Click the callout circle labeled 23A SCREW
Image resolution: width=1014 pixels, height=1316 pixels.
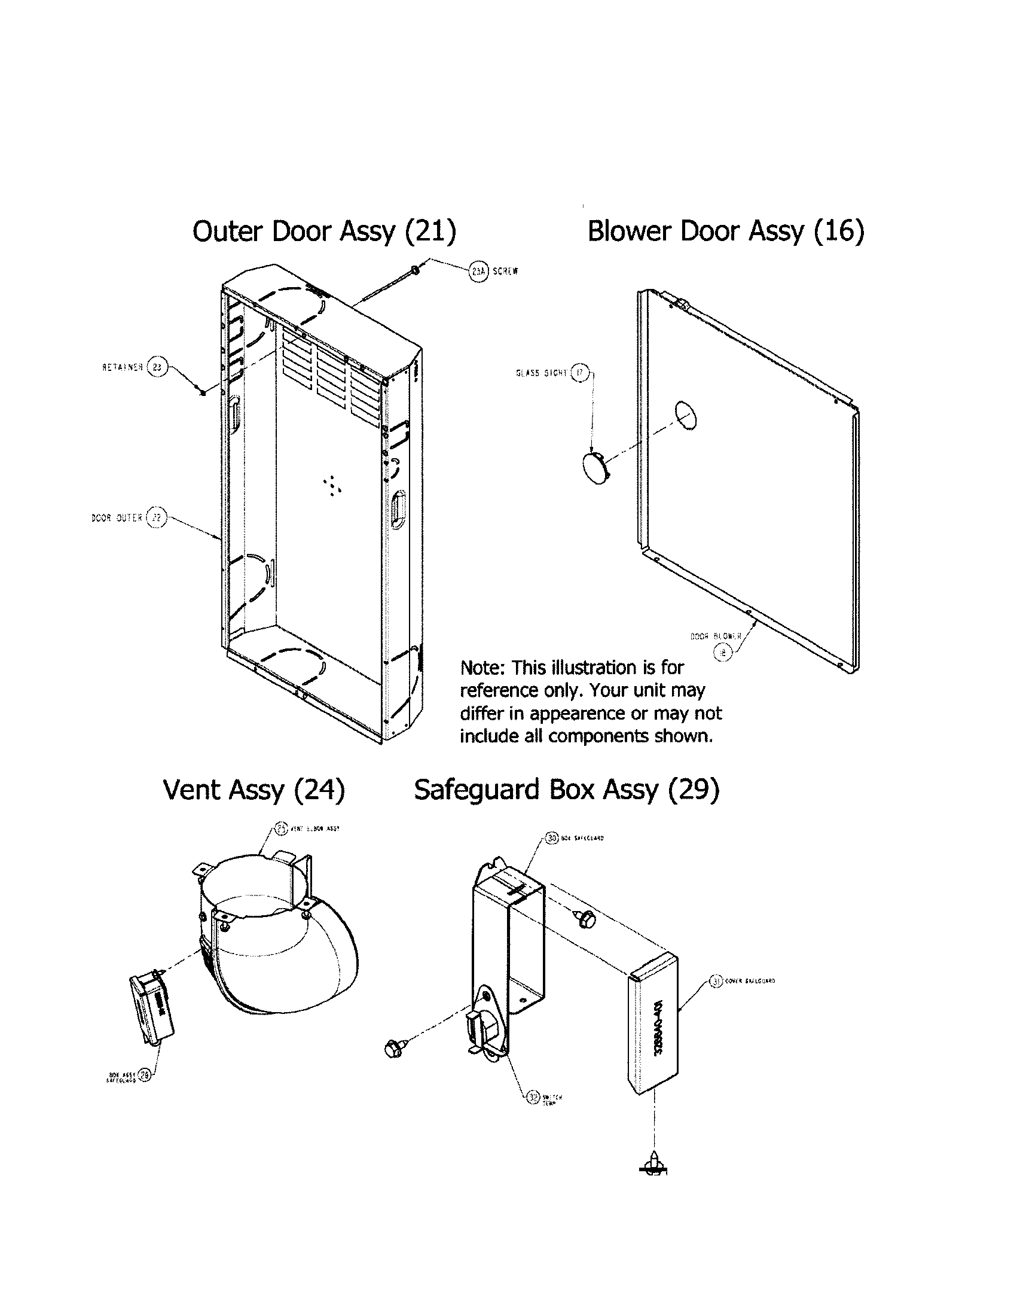[478, 272]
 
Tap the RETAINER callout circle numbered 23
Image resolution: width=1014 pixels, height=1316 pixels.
[157, 367]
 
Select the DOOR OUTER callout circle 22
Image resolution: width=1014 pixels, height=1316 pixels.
[156, 517]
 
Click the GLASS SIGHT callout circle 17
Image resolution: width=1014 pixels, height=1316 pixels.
[580, 373]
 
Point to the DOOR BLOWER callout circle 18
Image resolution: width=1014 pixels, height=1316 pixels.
[723, 651]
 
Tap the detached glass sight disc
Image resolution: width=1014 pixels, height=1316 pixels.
[595, 470]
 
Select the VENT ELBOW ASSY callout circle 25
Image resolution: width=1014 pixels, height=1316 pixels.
[281, 828]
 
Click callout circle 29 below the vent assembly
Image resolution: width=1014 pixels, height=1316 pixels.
[145, 1074]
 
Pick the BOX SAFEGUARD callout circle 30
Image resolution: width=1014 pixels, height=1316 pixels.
[552, 838]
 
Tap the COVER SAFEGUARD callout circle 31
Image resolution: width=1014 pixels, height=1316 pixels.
[716, 982]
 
